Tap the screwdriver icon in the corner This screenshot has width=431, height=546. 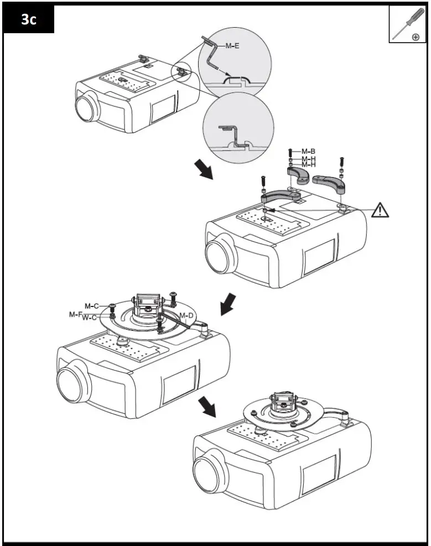(x=406, y=24)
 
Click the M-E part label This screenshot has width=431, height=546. (x=233, y=46)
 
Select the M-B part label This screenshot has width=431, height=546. (x=308, y=151)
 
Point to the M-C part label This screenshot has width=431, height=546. (x=92, y=306)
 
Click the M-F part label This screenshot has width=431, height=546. (x=76, y=314)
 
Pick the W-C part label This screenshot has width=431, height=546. (x=90, y=318)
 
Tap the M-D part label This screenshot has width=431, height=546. (x=187, y=316)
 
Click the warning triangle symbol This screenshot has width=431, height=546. (x=380, y=210)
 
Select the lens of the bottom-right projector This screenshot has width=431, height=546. (x=206, y=473)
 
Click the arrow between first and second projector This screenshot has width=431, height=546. (x=203, y=170)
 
